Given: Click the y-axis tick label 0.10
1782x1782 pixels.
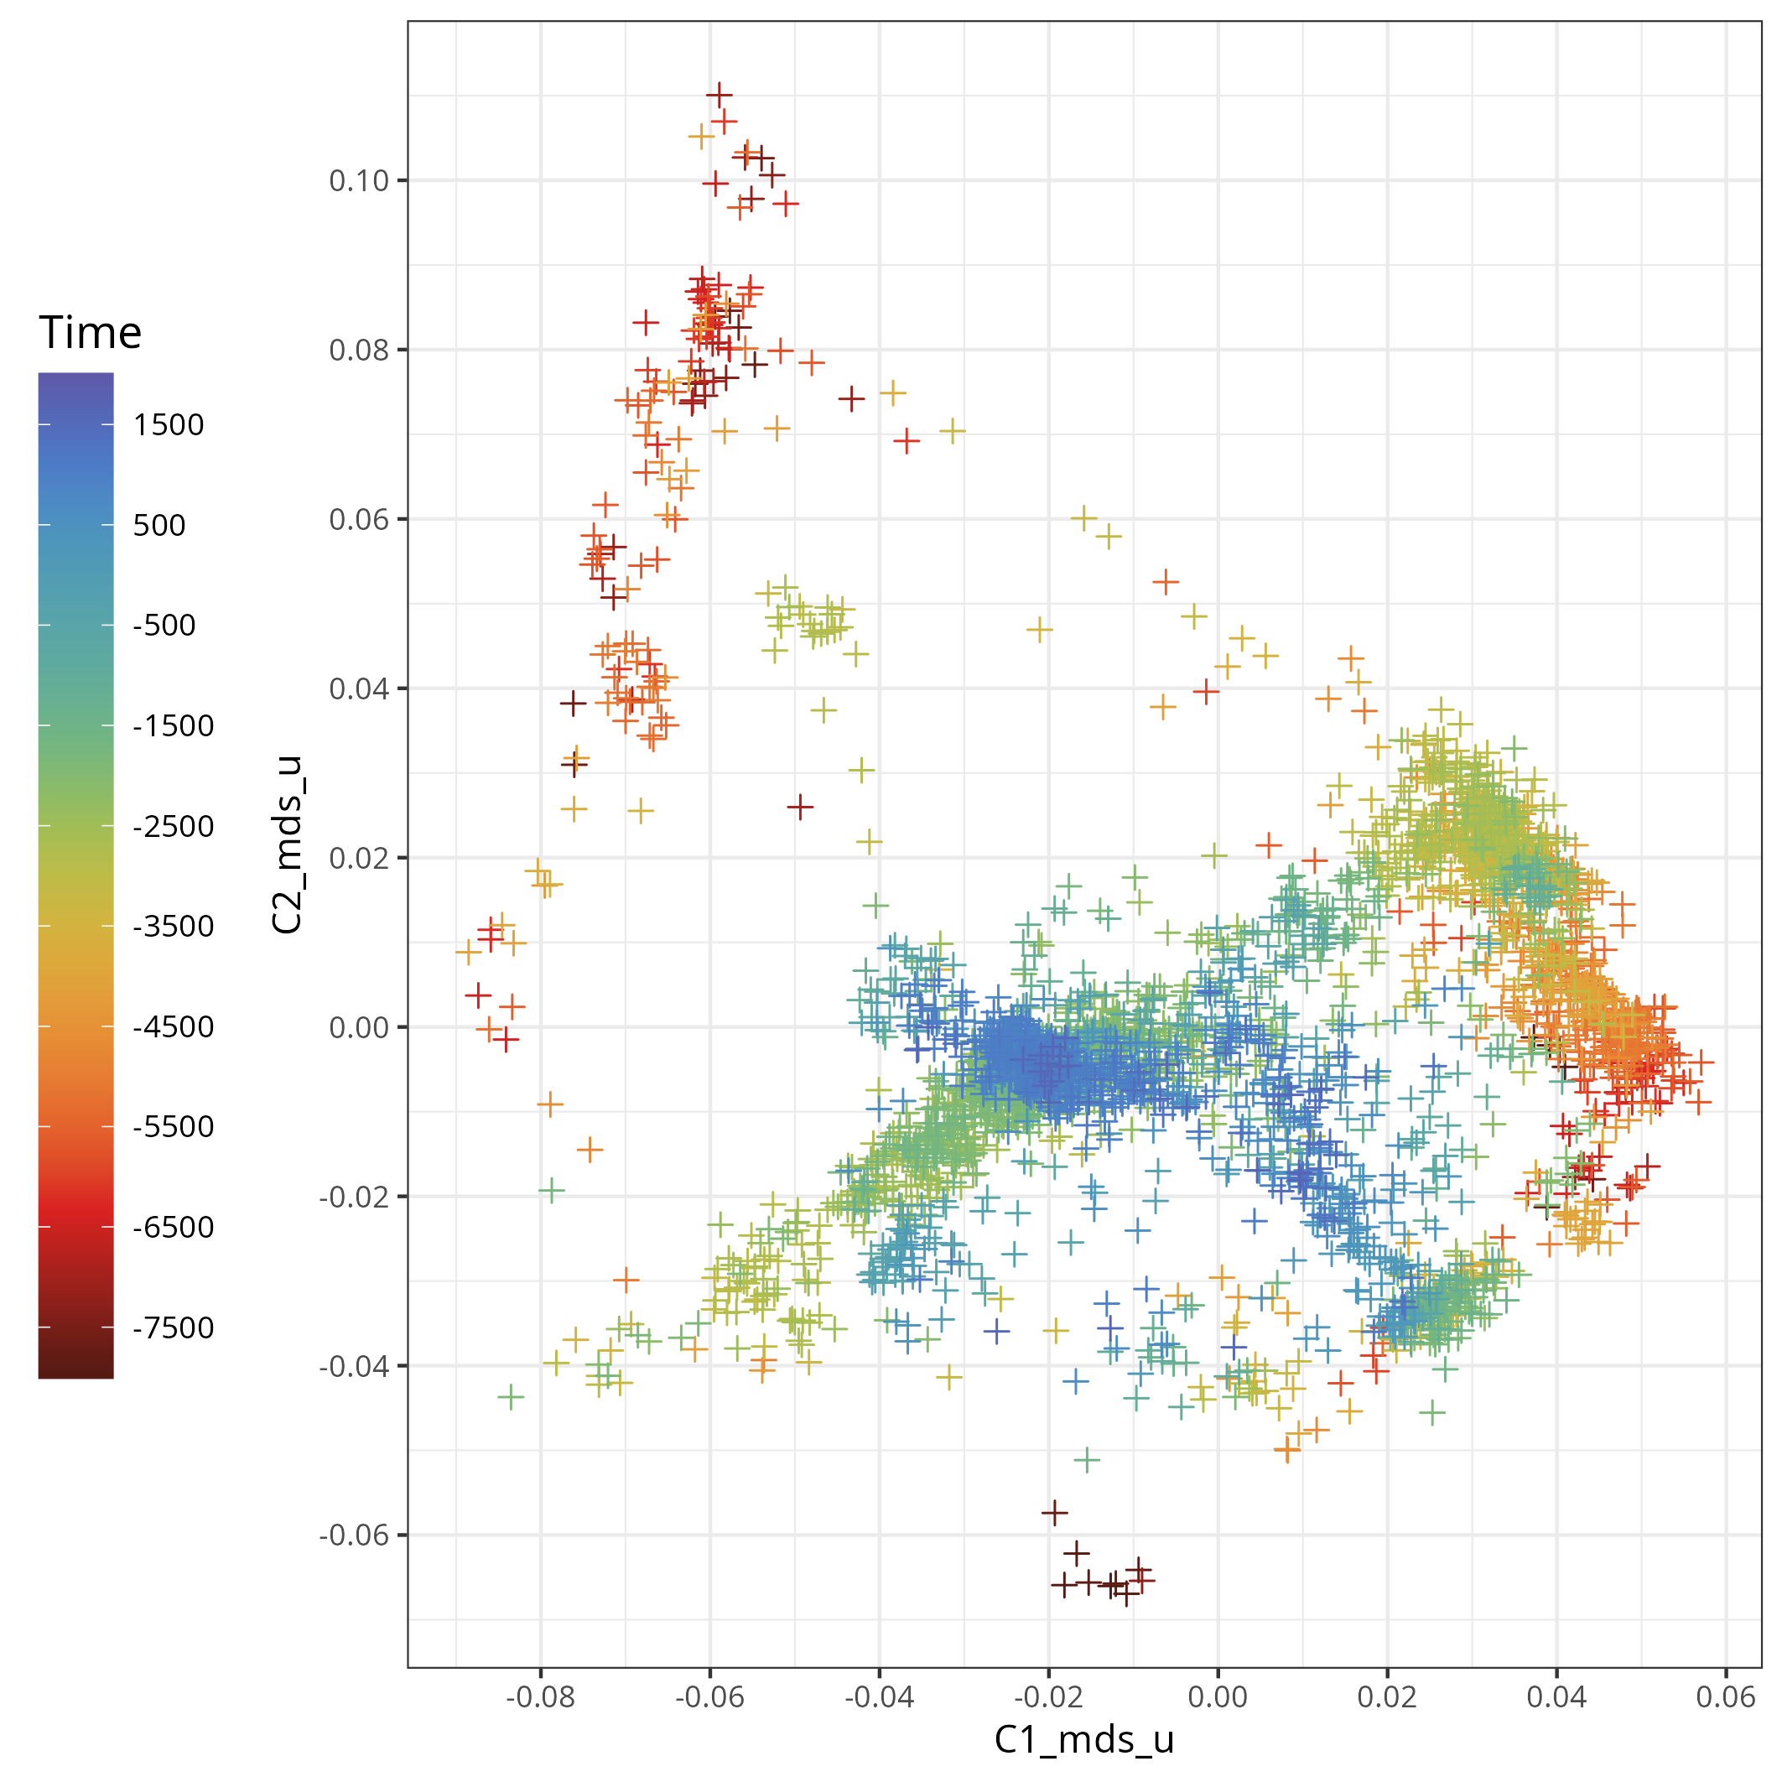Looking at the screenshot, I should pos(359,181).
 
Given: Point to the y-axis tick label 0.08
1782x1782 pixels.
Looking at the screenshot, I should pos(359,351).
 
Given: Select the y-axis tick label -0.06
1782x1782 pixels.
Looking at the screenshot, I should pos(354,1535).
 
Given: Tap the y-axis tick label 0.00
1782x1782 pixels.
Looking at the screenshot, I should pos(359,1027).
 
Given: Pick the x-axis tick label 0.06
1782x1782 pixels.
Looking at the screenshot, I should pos(1726,1696).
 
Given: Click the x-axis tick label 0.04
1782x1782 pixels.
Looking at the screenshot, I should pos(1556,1696).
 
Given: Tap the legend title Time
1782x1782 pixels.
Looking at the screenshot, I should pos(91,332).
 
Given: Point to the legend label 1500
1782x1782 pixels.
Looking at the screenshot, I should pos(168,425).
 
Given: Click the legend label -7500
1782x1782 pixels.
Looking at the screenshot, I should pos(174,1327).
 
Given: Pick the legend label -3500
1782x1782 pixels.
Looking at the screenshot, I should pos(174,926).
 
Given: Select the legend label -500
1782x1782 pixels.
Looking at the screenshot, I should pos(164,626).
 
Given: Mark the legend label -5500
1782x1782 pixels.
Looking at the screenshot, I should pos(174,1126).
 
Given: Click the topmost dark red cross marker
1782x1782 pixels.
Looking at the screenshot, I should pos(720,94).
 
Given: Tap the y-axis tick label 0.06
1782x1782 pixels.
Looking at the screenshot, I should pos(359,519).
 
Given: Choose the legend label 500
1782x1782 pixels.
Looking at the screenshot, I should pos(158,526).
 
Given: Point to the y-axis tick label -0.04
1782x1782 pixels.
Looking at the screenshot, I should pos(354,1366).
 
